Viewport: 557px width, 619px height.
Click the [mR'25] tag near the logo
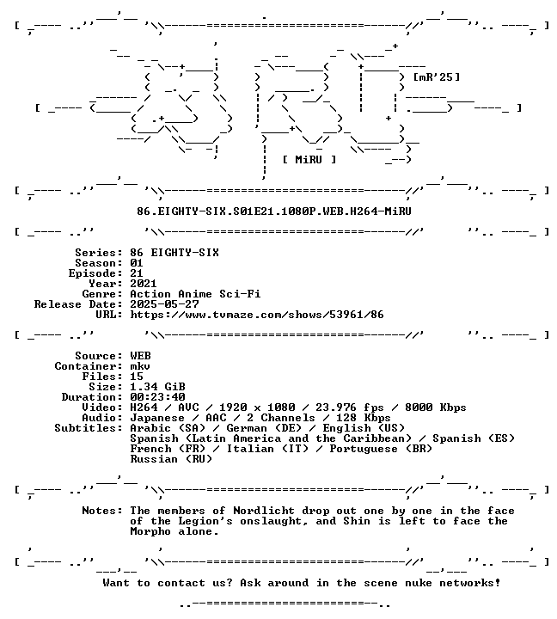pos(436,77)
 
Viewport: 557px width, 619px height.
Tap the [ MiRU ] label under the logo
pos(309,160)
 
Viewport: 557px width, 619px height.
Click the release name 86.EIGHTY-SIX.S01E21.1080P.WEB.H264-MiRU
pos(274,211)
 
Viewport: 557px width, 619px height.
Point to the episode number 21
pos(137,273)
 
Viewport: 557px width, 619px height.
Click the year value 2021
pos(144,284)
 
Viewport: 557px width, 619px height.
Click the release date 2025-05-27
pos(164,304)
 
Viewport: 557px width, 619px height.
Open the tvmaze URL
pos(257,315)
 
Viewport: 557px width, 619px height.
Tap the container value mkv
pos(140,366)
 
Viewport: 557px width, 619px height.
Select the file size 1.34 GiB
pos(157,387)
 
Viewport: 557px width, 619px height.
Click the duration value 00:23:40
pos(157,397)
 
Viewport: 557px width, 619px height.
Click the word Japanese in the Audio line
pos(157,418)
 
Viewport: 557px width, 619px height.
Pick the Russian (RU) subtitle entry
pos(171,459)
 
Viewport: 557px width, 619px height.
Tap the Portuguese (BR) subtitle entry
pos(381,449)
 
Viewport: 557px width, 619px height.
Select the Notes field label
pos(102,511)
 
